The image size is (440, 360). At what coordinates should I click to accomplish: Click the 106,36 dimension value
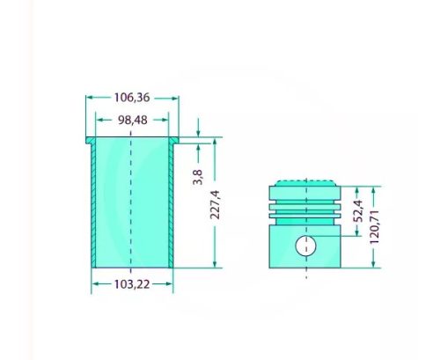(132, 98)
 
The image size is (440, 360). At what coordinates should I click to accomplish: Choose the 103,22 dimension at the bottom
(132, 283)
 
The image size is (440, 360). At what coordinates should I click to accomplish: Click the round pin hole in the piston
(305, 246)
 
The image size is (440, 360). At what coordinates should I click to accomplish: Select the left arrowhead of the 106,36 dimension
(88, 98)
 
